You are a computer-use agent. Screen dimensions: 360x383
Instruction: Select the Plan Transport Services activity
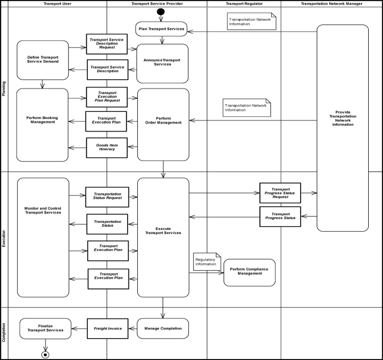tap(161, 29)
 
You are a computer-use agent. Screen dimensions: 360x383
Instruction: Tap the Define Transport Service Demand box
tap(42, 60)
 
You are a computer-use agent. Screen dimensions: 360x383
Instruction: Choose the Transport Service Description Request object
tap(107, 44)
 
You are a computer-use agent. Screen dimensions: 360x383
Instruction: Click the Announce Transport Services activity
tap(162, 63)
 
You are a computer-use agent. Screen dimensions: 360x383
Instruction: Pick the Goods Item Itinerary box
tap(107, 148)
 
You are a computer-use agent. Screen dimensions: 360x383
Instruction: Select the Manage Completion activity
tap(163, 328)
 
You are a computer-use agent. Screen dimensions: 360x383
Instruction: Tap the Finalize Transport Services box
tap(45, 328)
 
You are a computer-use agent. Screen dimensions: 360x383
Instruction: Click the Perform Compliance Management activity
tap(250, 272)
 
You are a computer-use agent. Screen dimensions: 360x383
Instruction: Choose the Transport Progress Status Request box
tap(280, 193)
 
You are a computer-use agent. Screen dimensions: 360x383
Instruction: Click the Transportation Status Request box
tap(107, 197)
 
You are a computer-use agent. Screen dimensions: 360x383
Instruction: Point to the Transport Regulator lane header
tap(244, 4)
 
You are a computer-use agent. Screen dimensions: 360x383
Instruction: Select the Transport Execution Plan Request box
tap(107, 97)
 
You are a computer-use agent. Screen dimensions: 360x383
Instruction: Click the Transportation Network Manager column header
tap(331, 4)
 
